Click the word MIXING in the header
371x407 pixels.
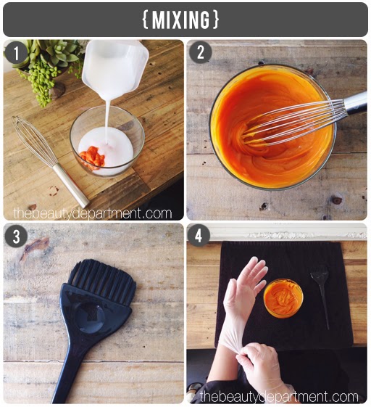[x=180, y=20]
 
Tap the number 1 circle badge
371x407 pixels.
[x=17, y=53]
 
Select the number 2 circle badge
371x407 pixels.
[x=201, y=53]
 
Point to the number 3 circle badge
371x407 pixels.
[x=17, y=236]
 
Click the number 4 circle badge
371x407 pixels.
[x=199, y=236]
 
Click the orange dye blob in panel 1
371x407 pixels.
[x=93, y=157]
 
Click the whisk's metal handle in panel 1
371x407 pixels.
[x=71, y=184]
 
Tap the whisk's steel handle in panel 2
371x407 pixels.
[x=356, y=103]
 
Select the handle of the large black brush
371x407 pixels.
[x=71, y=372]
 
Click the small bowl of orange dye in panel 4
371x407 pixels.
[x=283, y=298]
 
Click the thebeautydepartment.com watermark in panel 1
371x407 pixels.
[x=93, y=213]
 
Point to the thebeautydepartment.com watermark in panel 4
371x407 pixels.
[x=279, y=396]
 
